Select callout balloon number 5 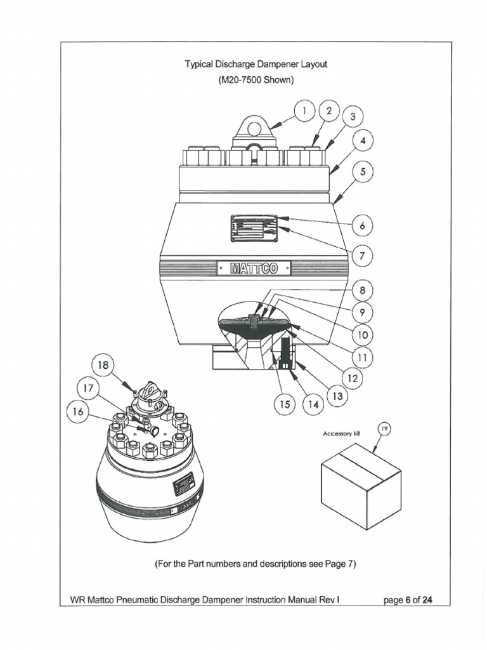click(x=363, y=172)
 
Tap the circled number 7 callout click(x=362, y=257)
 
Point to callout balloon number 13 click(x=335, y=395)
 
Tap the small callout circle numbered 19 click(x=384, y=430)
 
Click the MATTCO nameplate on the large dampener click(x=254, y=269)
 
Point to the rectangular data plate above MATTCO click(x=254, y=228)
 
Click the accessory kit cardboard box click(x=361, y=486)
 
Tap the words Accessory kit click(x=341, y=434)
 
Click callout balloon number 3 click(x=352, y=118)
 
